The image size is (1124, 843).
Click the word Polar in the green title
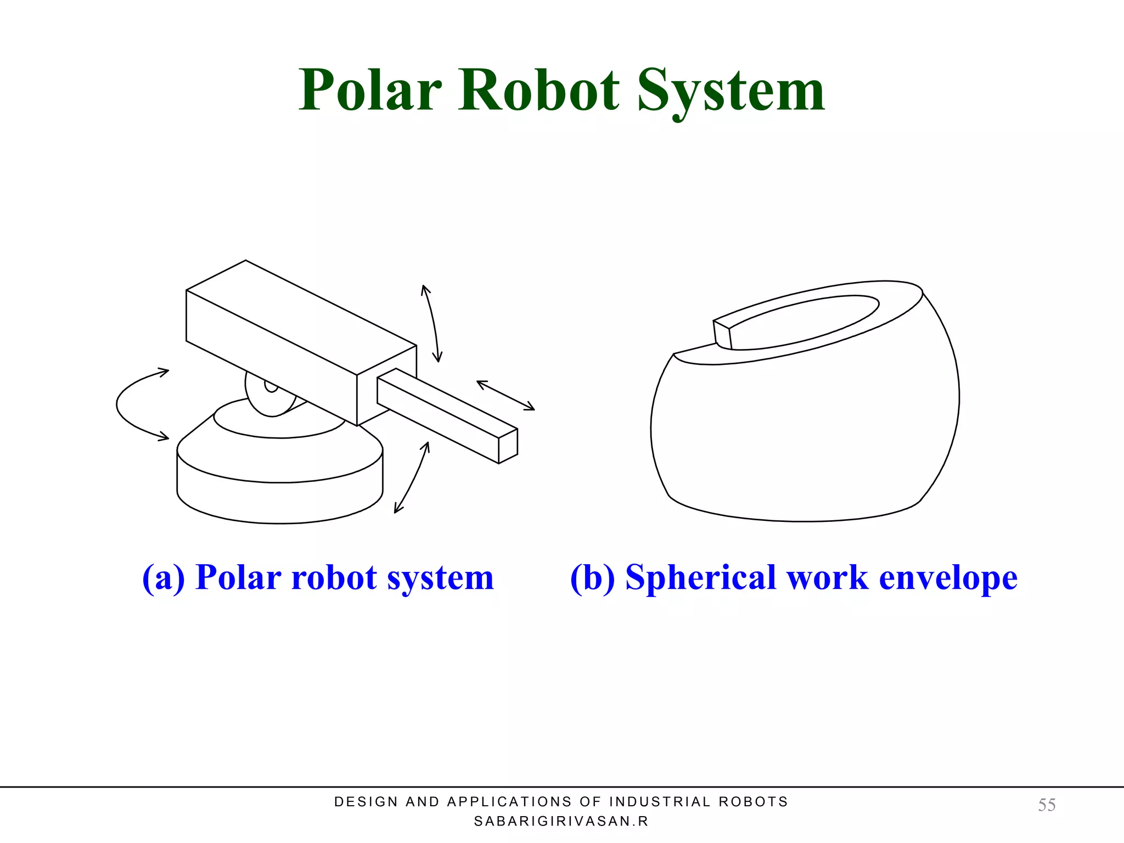coord(370,91)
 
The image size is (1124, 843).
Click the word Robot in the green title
coord(539,91)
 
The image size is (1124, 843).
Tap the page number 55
coord(1047,805)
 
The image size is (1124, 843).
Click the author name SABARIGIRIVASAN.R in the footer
coord(561,821)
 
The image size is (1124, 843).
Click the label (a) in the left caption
coord(163,577)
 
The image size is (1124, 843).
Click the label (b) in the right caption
coord(592,577)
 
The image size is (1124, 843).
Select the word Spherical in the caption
coord(701,578)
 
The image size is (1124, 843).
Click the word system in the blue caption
coord(440,578)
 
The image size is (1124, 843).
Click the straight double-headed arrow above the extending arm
coord(505,395)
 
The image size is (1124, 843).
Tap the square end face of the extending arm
coord(508,446)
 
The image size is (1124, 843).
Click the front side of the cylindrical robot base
coord(279,502)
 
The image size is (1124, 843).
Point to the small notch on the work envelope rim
coord(722,334)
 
